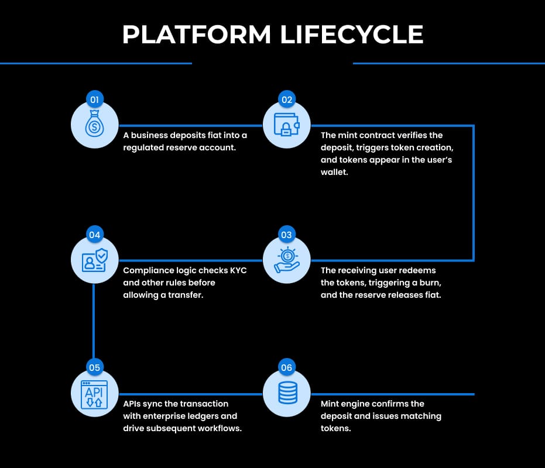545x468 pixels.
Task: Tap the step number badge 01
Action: [x=94, y=99]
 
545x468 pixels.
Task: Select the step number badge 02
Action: [x=286, y=99]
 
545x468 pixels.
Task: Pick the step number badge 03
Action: [x=286, y=235]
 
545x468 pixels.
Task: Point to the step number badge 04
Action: [x=94, y=235]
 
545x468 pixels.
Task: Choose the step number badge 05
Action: [x=94, y=368]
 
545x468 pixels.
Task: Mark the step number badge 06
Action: [x=286, y=368]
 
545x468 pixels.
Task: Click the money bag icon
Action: [x=94, y=125]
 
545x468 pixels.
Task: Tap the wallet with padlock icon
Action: [x=286, y=125]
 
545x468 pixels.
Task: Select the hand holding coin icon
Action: [x=286, y=260]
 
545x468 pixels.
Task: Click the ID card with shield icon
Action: [x=94, y=260]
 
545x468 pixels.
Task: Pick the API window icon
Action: [x=94, y=394]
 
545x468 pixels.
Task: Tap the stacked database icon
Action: [x=286, y=394]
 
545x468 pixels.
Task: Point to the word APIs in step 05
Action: [x=134, y=404]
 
